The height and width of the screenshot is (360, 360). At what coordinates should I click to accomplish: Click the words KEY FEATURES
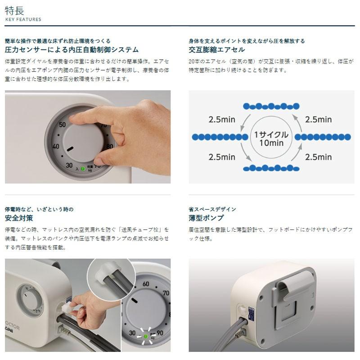[23, 19]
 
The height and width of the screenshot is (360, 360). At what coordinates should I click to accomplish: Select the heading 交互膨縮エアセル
[217, 49]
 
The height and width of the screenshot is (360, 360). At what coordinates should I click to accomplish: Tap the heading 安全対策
[19, 218]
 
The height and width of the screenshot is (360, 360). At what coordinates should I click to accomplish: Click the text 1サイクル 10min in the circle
[268, 139]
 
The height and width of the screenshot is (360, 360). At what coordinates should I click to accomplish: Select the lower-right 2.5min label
[318, 157]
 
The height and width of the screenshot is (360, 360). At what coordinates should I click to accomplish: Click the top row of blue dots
[271, 106]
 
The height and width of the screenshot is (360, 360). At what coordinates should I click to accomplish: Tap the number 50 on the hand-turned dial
[62, 125]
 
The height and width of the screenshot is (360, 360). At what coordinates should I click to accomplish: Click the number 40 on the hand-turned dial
[56, 146]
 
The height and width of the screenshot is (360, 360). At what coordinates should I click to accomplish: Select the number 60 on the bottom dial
[145, 284]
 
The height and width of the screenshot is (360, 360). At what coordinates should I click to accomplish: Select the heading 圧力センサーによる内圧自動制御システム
[72, 49]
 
